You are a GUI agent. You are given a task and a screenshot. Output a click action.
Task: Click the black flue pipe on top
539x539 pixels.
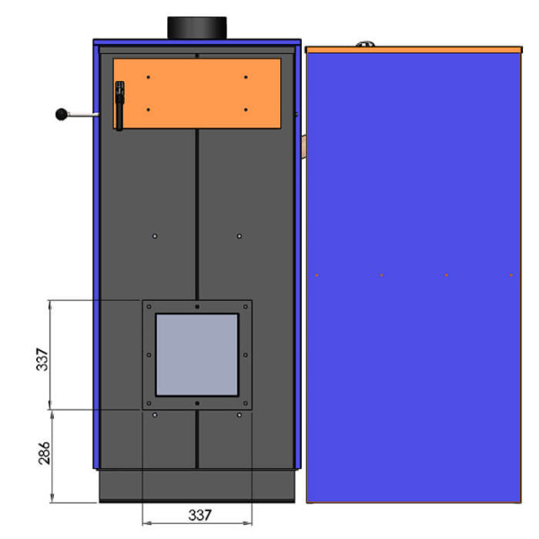pyautogui.click(x=197, y=28)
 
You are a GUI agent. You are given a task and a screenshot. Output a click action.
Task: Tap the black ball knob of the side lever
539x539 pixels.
pyautogui.click(x=61, y=114)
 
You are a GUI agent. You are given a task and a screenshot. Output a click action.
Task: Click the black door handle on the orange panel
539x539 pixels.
pyautogui.click(x=119, y=105)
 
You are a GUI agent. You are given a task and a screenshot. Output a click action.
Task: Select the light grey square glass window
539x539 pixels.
pyautogui.click(x=197, y=355)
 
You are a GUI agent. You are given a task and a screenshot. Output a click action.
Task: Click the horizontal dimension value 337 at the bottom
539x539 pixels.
pyautogui.click(x=199, y=515)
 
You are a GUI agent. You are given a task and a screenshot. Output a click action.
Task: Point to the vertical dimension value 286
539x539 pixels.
pyautogui.click(x=44, y=453)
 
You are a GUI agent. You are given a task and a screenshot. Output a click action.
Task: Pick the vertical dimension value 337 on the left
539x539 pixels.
pyautogui.click(x=42, y=359)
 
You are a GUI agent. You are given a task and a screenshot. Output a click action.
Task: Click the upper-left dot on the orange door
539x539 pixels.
pyautogui.click(x=148, y=77)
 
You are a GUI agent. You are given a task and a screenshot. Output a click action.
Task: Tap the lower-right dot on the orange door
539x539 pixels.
pyautogui.click(x=246, y=110)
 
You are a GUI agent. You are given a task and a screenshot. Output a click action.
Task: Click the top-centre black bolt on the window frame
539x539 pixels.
pyautogui.click(x=197, y=306)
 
